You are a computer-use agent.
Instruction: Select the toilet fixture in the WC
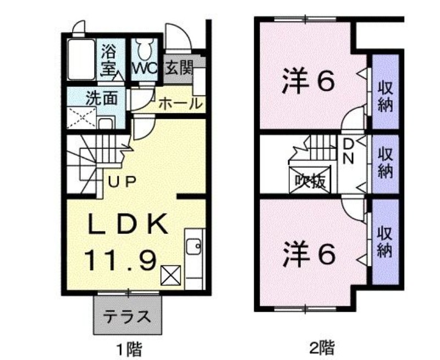[x=145, y=49]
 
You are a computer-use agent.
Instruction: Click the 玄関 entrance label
[x=179, y=68]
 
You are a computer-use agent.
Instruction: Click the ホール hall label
[x=180, y=104]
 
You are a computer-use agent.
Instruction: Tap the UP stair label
[x=122, y=182]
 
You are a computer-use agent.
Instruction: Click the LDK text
[x=128, y=224]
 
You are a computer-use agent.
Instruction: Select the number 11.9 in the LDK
[x=120, y=260]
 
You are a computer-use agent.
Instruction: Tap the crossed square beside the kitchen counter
[x=170, y=275]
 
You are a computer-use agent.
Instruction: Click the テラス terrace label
[x=127, y=317]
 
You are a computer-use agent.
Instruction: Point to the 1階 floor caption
[x=129, y=349]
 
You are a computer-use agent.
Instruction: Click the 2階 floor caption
[x=322, y=348]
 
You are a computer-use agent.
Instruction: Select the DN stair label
[x=349, y=152]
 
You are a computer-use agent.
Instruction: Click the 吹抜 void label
[x=310, y=181]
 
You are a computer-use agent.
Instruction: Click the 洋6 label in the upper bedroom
[x=309, y=81]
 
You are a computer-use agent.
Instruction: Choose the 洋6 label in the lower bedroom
[x=309, y=254]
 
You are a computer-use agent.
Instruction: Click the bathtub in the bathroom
[x=81, y=60]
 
